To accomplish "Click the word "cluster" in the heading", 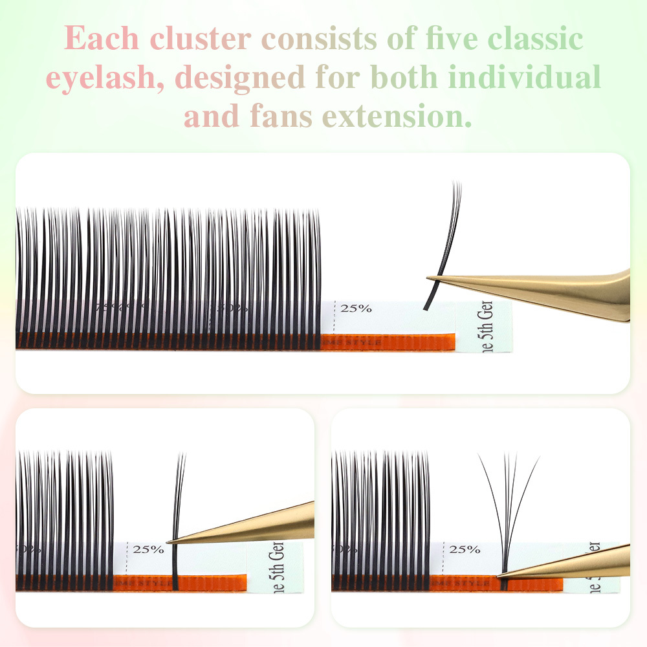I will (200, 39).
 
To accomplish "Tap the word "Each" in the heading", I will (102, 39).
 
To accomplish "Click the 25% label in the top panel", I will (356, 308).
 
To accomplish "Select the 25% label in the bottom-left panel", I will (148, 549).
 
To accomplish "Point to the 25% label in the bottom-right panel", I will (465, 549).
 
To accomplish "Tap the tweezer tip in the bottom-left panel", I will (170, 541).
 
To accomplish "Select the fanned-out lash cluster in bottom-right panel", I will (508, 505).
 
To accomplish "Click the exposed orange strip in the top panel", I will (388, 342).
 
